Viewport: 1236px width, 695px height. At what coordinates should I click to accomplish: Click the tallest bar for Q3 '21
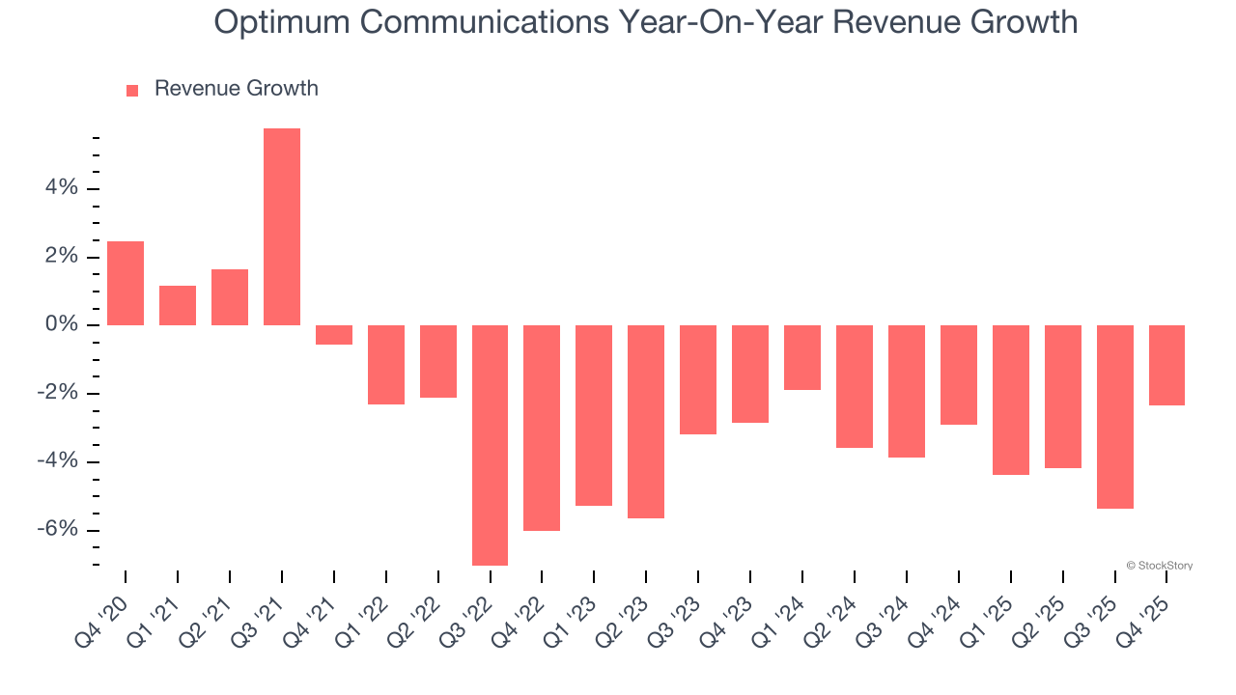click(x=282, y=227)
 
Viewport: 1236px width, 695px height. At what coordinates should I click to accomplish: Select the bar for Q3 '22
click(x=491, y=445)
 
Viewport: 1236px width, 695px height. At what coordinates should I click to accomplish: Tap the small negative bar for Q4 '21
click(x=334, y=335)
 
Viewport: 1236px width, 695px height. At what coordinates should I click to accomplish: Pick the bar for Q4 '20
click(x=126, y=283)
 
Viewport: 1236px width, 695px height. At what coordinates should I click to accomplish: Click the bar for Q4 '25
click(x=1166, y=365)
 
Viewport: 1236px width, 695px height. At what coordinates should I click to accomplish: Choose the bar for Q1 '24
click(x=801, y=357)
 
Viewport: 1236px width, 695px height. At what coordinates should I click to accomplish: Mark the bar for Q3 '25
click(x=1114, y=417)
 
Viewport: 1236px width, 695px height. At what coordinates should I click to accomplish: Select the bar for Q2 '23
click(x=645, y=422)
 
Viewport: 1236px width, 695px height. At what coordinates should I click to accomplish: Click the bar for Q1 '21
click(x=178, y=305)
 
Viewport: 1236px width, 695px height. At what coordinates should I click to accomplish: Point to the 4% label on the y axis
click(x=62, y=188)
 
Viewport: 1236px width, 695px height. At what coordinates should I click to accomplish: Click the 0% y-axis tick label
click(x=62, y=325)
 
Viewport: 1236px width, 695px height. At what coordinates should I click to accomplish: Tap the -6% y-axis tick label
click(x=58, y=530)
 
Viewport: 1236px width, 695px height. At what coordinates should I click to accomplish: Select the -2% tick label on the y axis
click(x=58, y=394)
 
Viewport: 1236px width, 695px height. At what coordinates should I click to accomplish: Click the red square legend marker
click(x=132, y=90)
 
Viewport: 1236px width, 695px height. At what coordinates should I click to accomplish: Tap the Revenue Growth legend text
click(x=236, y=89)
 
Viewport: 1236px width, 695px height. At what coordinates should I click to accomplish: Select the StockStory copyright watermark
click(x=1159, y=566)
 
